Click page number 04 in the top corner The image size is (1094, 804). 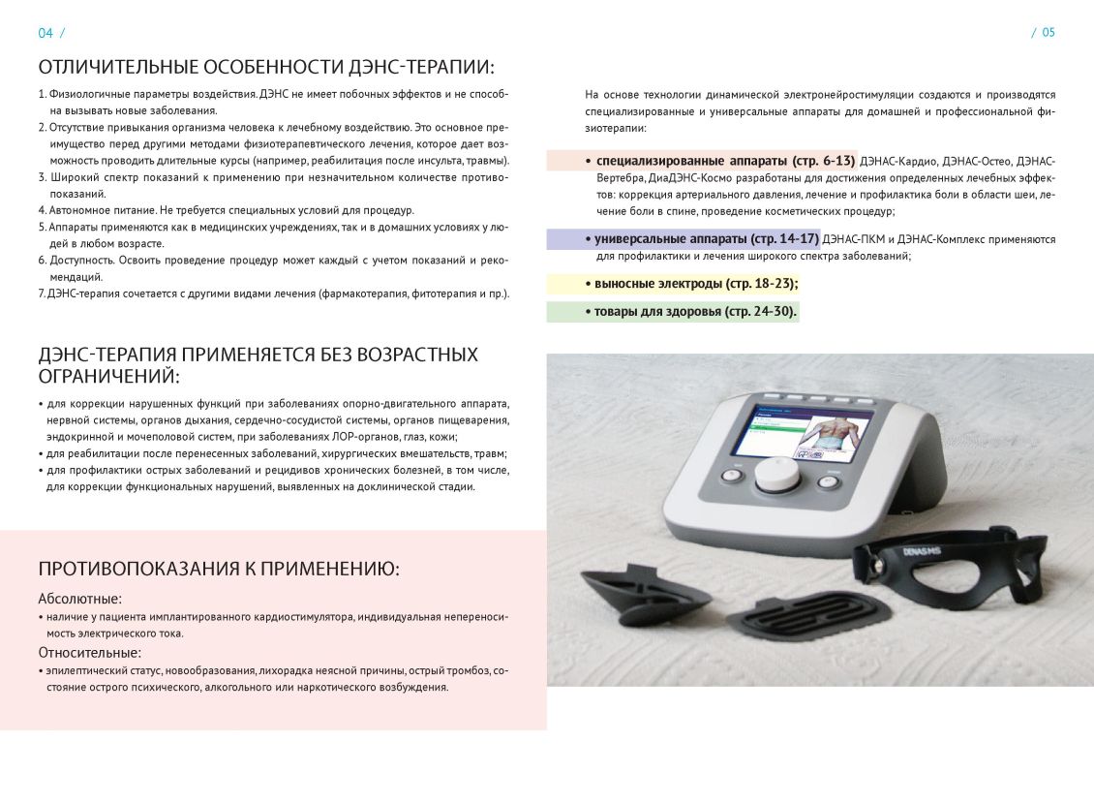coord(46,33)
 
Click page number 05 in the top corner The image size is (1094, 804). coord(1048,33)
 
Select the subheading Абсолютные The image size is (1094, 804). coord(79,599)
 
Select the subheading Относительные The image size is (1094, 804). coord(89,652)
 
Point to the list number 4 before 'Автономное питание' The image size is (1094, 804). coord(42,210)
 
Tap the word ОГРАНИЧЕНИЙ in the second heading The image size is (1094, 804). coord(109,376)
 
